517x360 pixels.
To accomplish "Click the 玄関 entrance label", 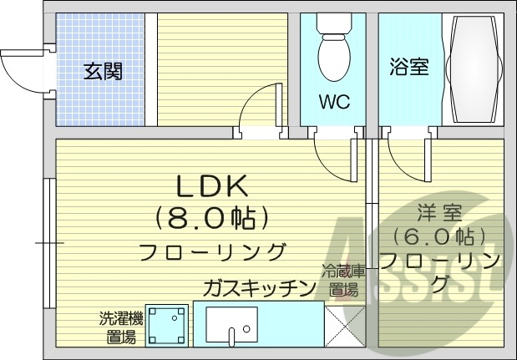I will coord(104,72).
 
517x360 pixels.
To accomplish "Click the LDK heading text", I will coord(211,186).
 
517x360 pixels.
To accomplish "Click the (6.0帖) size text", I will coord(439,236).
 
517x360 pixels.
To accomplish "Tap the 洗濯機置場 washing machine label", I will coord(121,327).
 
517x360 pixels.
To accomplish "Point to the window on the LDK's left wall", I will coord(48,242).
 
